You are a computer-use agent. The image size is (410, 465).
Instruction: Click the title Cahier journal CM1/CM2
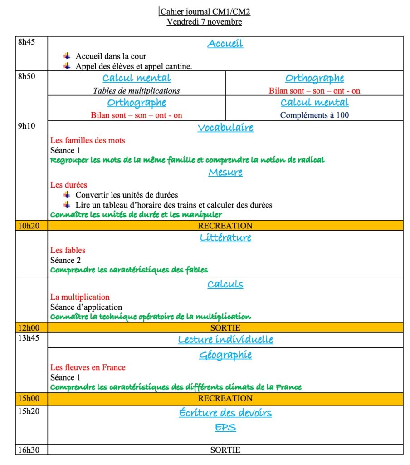(205, 11)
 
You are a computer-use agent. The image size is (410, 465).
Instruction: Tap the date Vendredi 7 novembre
(204, 21)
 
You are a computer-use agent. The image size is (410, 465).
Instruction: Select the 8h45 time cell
(26, 42)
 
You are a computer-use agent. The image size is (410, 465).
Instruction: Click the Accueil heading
(225, 44)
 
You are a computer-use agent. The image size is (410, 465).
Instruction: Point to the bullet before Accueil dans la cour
(67, 56)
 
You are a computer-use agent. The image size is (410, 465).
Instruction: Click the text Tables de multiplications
(137, 90)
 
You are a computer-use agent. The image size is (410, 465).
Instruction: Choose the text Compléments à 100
(314, 115)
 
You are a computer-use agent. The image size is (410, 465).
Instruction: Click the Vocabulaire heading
(225, 128)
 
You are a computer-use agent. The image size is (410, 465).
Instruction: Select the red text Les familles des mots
(88, 140)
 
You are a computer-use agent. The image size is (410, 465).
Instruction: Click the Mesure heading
(225, 172)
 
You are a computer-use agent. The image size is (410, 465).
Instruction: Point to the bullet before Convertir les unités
(67, 194)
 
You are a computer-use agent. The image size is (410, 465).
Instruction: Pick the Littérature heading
(225, 237)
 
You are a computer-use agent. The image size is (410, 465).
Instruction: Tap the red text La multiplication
(80, 297)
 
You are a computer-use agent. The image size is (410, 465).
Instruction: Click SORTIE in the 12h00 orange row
(225, 327)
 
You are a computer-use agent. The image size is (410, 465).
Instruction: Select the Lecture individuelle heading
(225, 340)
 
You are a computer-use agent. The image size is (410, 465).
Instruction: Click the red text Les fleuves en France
(88, 367)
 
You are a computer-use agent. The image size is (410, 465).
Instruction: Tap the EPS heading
(225, 427)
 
